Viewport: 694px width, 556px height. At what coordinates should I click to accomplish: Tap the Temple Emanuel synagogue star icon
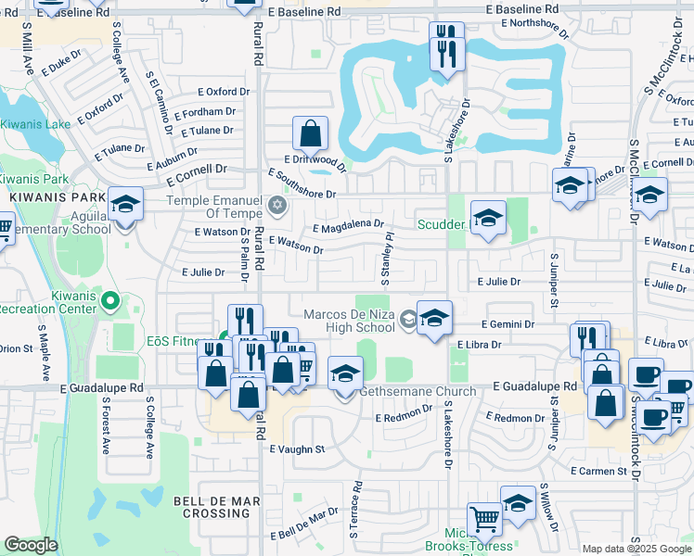pyautogui.click(x=275, y=204)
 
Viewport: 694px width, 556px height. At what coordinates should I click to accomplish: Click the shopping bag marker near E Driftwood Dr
pyautogui.click(x=311, y=134)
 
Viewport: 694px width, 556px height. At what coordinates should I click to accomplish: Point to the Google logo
pyautogui.click(x=31, y=545)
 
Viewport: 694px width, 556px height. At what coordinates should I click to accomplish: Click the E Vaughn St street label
pyautogui.click(x=297, y=449)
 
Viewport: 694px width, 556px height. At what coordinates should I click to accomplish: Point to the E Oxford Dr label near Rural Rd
pyautogui.click(x=224, y=92)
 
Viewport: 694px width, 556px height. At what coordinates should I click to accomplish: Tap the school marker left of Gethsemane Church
pyautogui.click(x=345, y=375)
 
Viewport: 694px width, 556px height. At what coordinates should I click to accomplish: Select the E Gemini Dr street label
pyautogui.click(x=508, y=325)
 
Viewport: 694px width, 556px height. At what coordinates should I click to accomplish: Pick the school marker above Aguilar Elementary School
pyautogui.click(x=125, y=205)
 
